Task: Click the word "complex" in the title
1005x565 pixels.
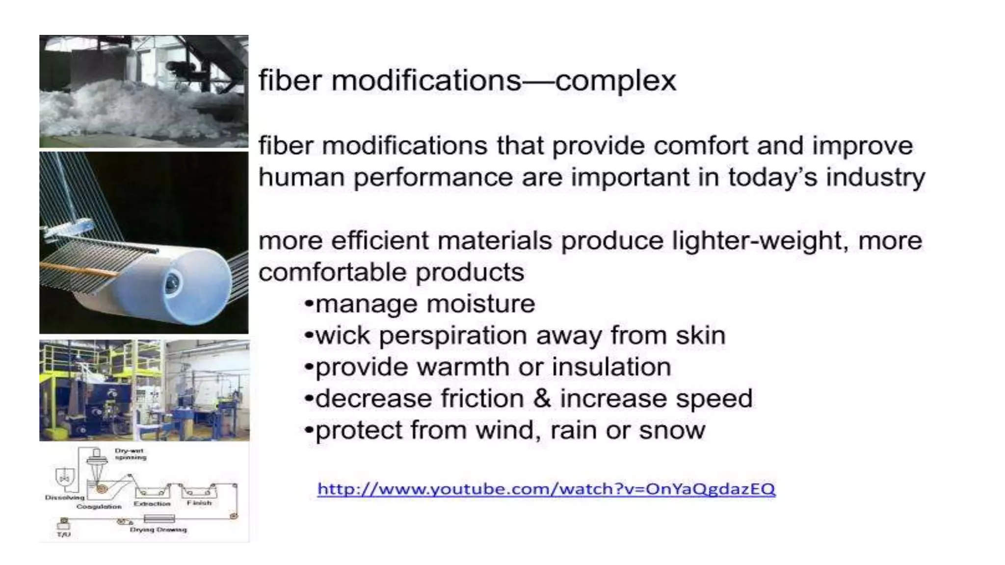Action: tap(615, 81)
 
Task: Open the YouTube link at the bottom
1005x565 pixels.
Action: tap(546, 489)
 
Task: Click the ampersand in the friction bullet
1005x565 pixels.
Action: tap(542, 398)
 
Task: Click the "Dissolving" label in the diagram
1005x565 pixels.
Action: tap(65, 497)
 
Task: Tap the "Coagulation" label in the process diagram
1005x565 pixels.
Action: tap(99, 507)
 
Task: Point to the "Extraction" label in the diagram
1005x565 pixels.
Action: tap(152, 504)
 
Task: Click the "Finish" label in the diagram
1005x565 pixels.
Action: tap(199, 503)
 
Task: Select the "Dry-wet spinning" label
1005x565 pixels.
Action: tap(130, 454)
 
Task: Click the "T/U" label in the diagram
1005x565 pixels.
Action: tap(64, 534)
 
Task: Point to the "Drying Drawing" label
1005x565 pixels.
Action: tap(158, 530)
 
